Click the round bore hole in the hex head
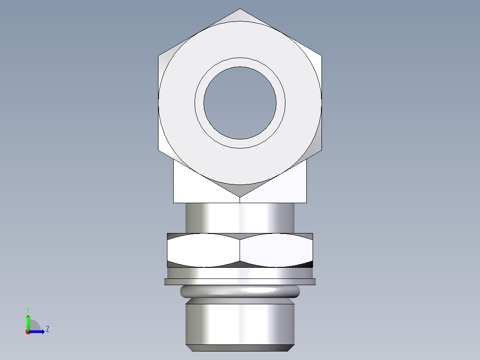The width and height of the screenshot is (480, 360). [x=240, y=102]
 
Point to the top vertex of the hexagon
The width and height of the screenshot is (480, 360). [x=240, y=9]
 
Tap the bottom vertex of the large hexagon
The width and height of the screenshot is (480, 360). [x=240, y=196]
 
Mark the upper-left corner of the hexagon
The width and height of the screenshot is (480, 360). [x=159, y=56]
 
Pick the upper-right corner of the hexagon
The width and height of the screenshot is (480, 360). [x=321, y=56]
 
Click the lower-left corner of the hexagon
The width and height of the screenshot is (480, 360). [x=159, y=150]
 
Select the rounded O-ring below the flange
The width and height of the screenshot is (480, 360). [x=240, y=292]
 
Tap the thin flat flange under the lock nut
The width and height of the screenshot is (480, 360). [x=240, y=282]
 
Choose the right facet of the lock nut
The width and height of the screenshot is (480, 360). [x=276, y=250]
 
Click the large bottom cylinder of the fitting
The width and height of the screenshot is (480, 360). [x=240, y=323]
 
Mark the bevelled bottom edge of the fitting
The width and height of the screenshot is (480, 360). [x=240, y=348]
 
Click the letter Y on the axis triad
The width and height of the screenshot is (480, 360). [x=28, y=309]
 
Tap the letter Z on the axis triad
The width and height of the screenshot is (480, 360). [x=47, y=330]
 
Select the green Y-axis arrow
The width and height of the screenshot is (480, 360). [x=28, y=322]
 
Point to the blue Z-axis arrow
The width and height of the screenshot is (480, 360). [x=38, y=331]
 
